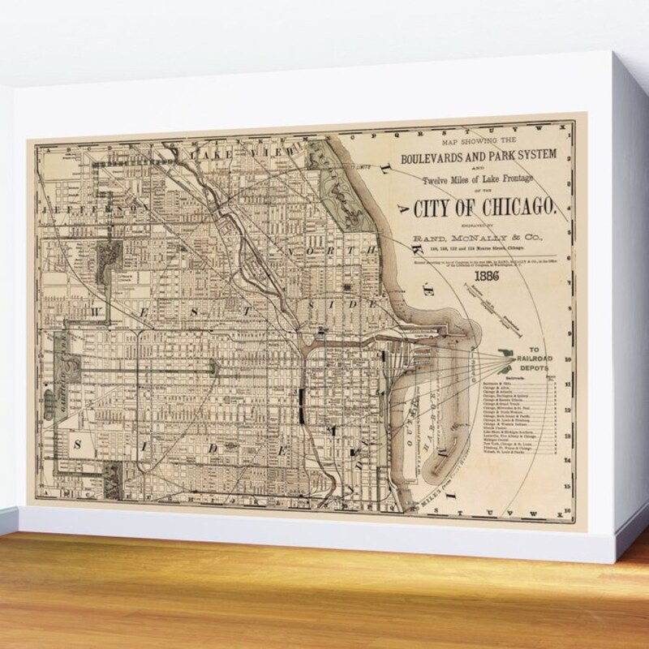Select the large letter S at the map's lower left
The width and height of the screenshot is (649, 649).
pos(80,443)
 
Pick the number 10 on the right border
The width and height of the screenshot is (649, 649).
pos(570,357)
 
